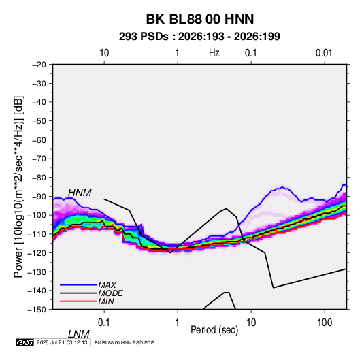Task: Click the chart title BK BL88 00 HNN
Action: point(200,19)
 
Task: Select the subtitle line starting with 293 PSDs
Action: point(199,37)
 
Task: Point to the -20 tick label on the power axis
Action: point(39,65)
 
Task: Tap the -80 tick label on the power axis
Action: point(39,178)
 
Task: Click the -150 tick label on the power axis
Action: point(37,310)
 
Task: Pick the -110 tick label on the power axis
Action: point(37,234)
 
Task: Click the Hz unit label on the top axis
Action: point(214,53)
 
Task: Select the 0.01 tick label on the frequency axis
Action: point(324,53)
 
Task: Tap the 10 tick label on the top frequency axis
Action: point(104,53)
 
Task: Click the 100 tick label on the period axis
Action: point(325,323)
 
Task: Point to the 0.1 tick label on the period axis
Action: point(103,323)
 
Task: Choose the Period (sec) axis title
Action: point(214,330)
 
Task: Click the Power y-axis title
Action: point(18,187)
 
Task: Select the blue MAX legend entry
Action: point(88,285)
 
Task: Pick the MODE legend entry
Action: point(91,293)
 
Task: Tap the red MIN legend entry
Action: point(87,301)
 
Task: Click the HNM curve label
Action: point(80,193)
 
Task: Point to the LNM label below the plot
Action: point(78,334)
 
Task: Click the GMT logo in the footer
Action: point(25,342)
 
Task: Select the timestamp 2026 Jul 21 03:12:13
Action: point(62,342)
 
